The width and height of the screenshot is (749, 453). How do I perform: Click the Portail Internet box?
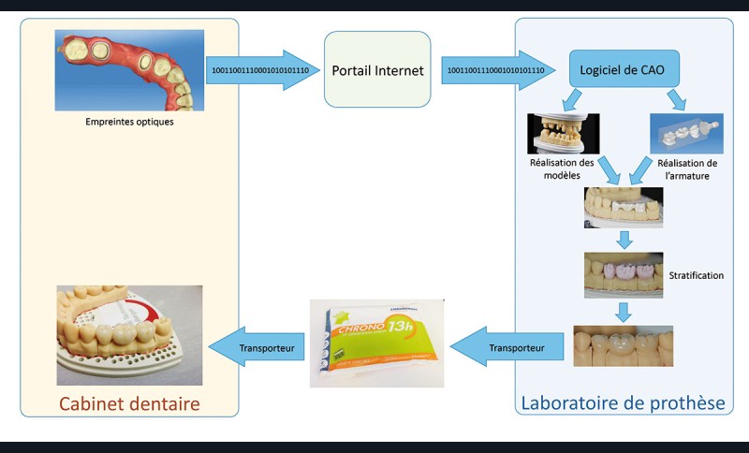click(x=377, y=70)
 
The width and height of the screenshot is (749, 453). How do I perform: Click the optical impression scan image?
click(x=129, y=70)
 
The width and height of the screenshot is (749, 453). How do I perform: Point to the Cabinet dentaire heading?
click(x=129, y=403)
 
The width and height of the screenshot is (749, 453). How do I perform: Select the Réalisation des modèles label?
click(x=563, y=168)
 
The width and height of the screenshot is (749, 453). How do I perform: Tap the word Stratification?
click(x=698, y=276)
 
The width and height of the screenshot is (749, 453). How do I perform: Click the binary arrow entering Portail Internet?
click(x=262, y=70)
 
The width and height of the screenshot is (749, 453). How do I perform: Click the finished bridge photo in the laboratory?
click(x=623, y=344)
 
